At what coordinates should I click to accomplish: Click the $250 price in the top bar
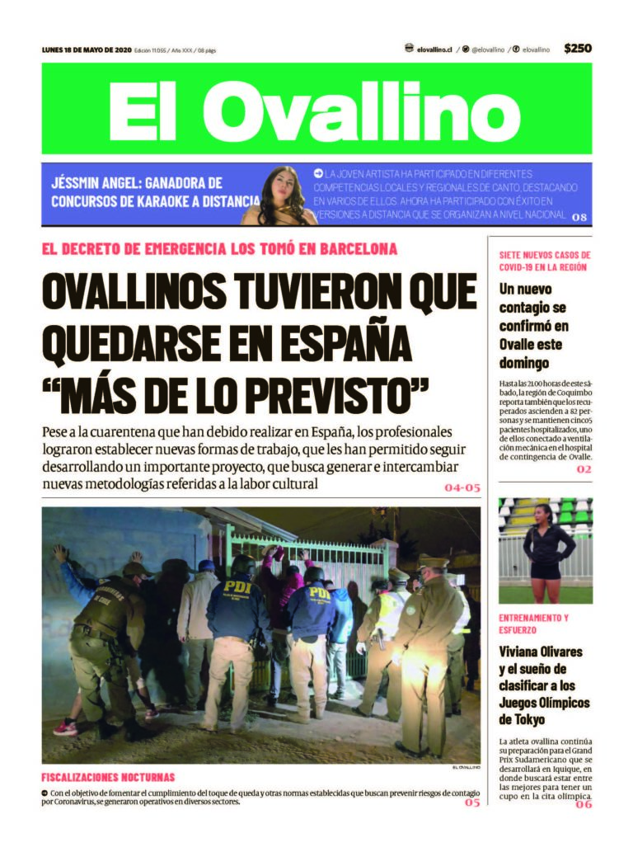coord(577,49)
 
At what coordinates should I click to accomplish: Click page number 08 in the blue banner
coord(579,217)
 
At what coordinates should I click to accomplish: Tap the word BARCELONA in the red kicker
coord(354,249)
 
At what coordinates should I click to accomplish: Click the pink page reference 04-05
coord(462,487)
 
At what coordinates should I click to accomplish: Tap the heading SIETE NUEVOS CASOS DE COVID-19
coord(544,261)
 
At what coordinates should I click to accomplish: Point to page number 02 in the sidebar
coord(584,469)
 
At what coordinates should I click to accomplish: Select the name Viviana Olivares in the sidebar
coord(541,652)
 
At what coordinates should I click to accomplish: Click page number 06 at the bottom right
coord(584,804)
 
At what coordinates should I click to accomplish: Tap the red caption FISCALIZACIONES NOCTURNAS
coord(108,777)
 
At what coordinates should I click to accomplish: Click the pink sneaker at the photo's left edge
coord(65,727)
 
